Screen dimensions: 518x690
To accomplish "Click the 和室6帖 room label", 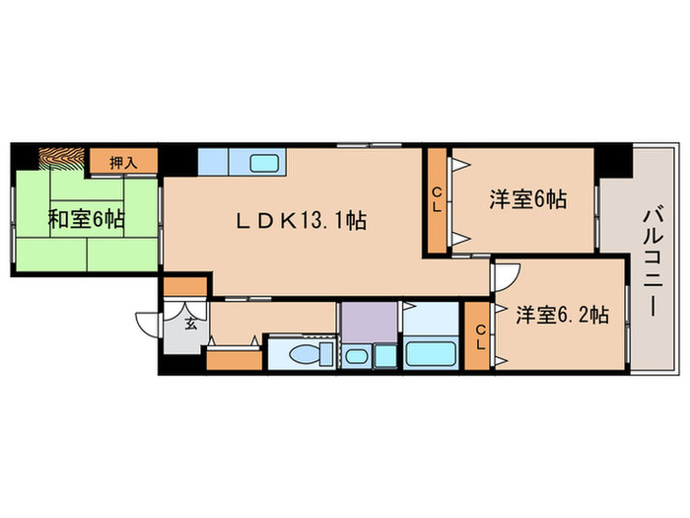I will (x=87, y=219).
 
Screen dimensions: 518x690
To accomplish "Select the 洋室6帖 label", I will (x=528, y=199).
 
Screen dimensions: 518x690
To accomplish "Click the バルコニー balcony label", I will (x=652, y=261).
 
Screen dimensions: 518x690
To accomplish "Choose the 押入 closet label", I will (x=123, y=162).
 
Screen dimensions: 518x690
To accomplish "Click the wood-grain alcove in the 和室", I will (x=62, y=158).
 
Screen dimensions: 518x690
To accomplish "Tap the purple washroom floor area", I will (x=368, y=323).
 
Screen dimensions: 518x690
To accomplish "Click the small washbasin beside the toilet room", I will (x=357, y=356).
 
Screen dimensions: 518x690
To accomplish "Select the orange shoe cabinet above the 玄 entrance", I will (x=185, y=287).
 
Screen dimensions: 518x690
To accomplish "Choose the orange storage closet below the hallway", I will (x=235, y=357).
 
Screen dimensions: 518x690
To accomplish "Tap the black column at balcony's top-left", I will (x=617, y=161).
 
